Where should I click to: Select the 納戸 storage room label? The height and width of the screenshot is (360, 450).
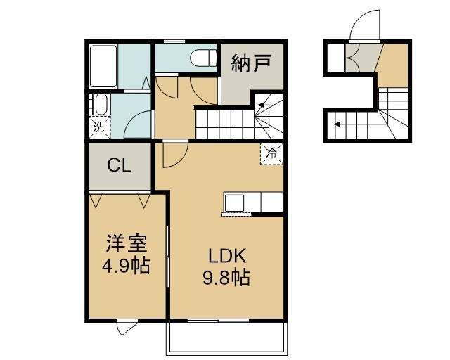[252, 65]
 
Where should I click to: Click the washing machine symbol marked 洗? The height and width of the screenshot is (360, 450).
[99, 127]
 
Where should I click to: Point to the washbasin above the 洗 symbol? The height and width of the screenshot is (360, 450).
[100, 105]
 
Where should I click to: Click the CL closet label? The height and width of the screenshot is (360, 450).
[119, 166]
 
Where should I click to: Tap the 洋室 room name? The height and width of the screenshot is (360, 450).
[127, 245]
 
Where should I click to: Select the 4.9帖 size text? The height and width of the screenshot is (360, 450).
[127, 267]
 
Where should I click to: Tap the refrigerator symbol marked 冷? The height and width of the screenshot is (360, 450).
[272, 153]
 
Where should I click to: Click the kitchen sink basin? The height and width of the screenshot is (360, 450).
[233, 202]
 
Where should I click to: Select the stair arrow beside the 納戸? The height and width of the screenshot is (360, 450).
[263, 108]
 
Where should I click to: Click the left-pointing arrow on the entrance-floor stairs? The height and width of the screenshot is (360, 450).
[339, 124]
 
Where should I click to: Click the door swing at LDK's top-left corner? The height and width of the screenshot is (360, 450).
[172, 154]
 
